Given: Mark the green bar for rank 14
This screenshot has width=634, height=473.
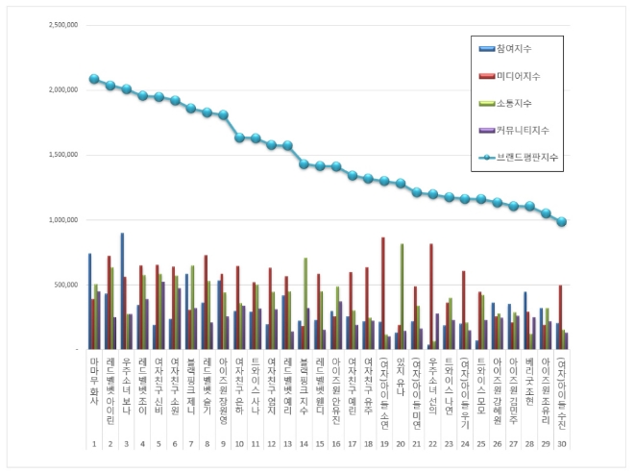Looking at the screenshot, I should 305,303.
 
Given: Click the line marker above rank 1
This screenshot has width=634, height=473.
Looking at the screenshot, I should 93,79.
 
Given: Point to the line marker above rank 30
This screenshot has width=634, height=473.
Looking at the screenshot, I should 563,221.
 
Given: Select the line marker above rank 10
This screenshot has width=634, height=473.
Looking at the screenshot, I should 239,137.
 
